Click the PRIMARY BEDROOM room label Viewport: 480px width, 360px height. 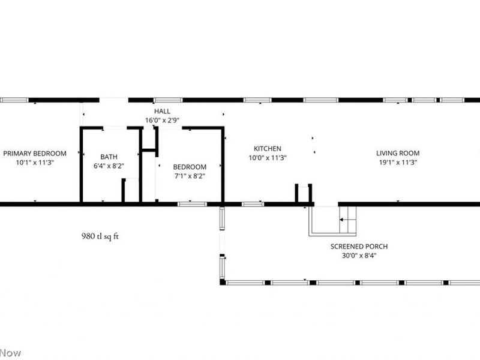click(x=34, y=153)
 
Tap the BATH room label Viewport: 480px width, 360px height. click(x=109, y=157)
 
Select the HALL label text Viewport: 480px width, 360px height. click(x=162, y=112)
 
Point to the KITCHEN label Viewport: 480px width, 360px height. click(x=267, y=149)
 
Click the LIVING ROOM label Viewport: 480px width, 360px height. click(x=397, y=153)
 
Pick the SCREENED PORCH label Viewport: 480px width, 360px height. click(x=359, y=247)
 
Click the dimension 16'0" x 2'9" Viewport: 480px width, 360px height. click(x=162, y=120)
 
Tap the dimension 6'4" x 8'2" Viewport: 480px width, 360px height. click(x=109, y=166)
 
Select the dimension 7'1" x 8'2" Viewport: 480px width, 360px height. click(x=190, y=176)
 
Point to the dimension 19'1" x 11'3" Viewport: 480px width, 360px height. click(x=397, y=162)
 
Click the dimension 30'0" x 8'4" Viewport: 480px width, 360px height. click(x=359, y=256)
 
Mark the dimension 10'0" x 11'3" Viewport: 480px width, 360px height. click(x=267, y=158)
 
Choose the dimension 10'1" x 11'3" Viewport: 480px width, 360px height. click(x=34, y=162)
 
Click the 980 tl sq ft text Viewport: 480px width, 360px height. click(x=100, y=236)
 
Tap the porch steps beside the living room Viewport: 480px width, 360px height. click(x=347, y=220)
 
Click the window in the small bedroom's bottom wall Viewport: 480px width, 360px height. click(x=192, y=204)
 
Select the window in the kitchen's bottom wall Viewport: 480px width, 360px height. click(x=253, y=204)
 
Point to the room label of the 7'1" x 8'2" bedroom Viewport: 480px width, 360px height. click(x=190, y=167)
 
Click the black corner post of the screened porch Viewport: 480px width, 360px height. click(x=222, y=281)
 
